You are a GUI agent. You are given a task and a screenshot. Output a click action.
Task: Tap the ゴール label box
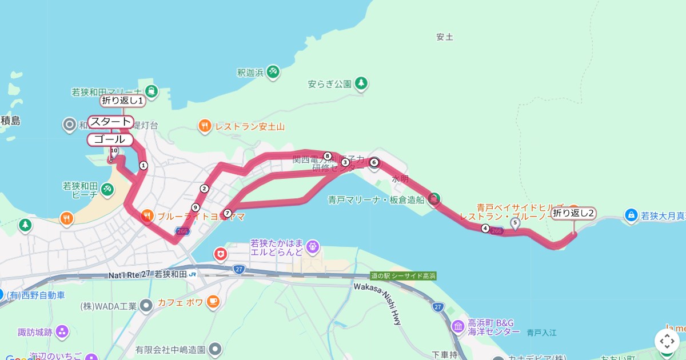coord(110,139)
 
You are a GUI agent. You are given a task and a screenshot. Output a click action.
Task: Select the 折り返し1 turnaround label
coord(122,101)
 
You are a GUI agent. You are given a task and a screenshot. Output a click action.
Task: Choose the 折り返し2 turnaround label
coord(573,214)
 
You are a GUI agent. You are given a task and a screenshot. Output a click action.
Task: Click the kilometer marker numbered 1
coord(143,166)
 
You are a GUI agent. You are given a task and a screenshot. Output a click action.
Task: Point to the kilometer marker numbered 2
coord(204,189)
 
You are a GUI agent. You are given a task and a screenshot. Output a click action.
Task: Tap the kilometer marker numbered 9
coord(196,207)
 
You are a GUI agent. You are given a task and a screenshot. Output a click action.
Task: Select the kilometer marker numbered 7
coord(228,213)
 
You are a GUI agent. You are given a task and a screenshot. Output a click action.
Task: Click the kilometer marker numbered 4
coord(485,229)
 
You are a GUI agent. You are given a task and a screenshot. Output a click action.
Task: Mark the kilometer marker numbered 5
coord(515,222)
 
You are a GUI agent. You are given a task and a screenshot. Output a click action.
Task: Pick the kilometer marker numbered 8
coord(328,156)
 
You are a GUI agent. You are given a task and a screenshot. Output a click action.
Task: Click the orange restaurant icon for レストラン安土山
coord(205,126)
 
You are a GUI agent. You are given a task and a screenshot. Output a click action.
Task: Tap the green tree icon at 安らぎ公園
coord(361,83)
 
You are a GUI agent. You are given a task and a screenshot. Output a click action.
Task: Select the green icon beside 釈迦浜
coord(273,71)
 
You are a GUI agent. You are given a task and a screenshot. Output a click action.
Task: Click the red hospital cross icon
coord(221,253)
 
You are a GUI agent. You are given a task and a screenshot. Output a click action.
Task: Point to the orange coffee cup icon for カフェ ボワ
coord(213,302)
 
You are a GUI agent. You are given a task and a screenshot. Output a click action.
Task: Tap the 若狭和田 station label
coord(171,274)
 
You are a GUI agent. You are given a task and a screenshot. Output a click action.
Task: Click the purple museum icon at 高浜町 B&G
coord(458,326)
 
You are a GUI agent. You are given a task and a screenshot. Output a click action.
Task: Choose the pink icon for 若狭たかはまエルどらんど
coord(312,247)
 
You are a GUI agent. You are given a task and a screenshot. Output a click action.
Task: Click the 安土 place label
coord(444,37)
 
